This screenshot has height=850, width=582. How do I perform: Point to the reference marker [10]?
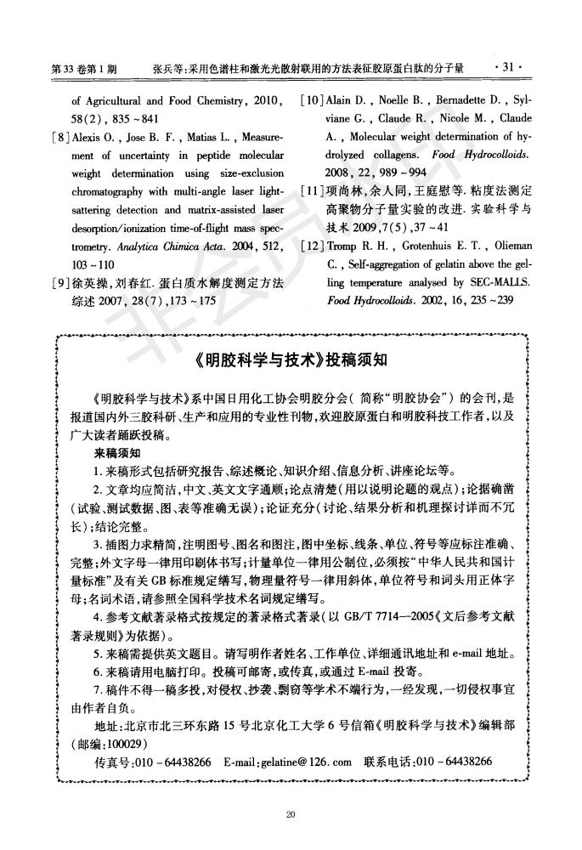pyautogui.click(x=312, y=102)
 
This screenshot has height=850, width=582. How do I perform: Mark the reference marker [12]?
pyautogui.click(x=312, y=246)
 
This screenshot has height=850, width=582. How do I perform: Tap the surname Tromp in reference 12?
pyautogui.click(x=342, y=246)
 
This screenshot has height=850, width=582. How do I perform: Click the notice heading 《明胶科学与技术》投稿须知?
pyautogui.click(x=291, y=360)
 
